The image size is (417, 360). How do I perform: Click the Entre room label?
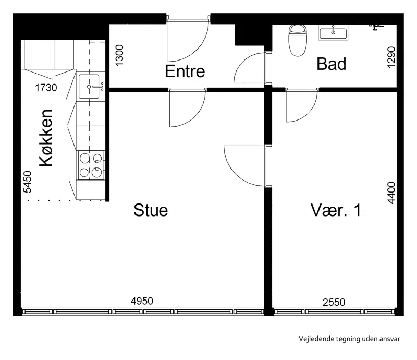click(x=185, y=71)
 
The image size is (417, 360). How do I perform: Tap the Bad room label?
click(x=332, y=64)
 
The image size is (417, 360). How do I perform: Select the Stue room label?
click(x=151, y=210)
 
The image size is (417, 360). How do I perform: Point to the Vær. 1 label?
click(x=336, y=210)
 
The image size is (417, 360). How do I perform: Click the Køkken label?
click(x=46, y=138)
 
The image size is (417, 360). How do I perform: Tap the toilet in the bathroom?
click(x=298, y=40)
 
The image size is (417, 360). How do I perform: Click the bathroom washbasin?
click(x=333, y=32)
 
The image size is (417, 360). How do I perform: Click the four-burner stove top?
click(x=91, y=165)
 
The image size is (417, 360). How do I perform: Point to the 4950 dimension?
click(x=142, y=301)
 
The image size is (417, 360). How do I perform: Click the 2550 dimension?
click(x=334, y=302)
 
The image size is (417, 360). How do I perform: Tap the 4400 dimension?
click(x=391, y=193)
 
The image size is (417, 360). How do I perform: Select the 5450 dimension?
click(x=28, y=182)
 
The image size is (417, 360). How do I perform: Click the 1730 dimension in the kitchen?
click(x=46, y=88)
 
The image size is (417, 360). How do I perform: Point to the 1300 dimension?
click(x=119, y=55)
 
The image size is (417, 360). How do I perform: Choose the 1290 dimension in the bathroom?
click(x=391, y=57)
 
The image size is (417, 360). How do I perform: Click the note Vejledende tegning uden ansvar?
click(x=349, y=339)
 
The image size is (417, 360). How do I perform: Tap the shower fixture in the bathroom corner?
click(x=376, y=27)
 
